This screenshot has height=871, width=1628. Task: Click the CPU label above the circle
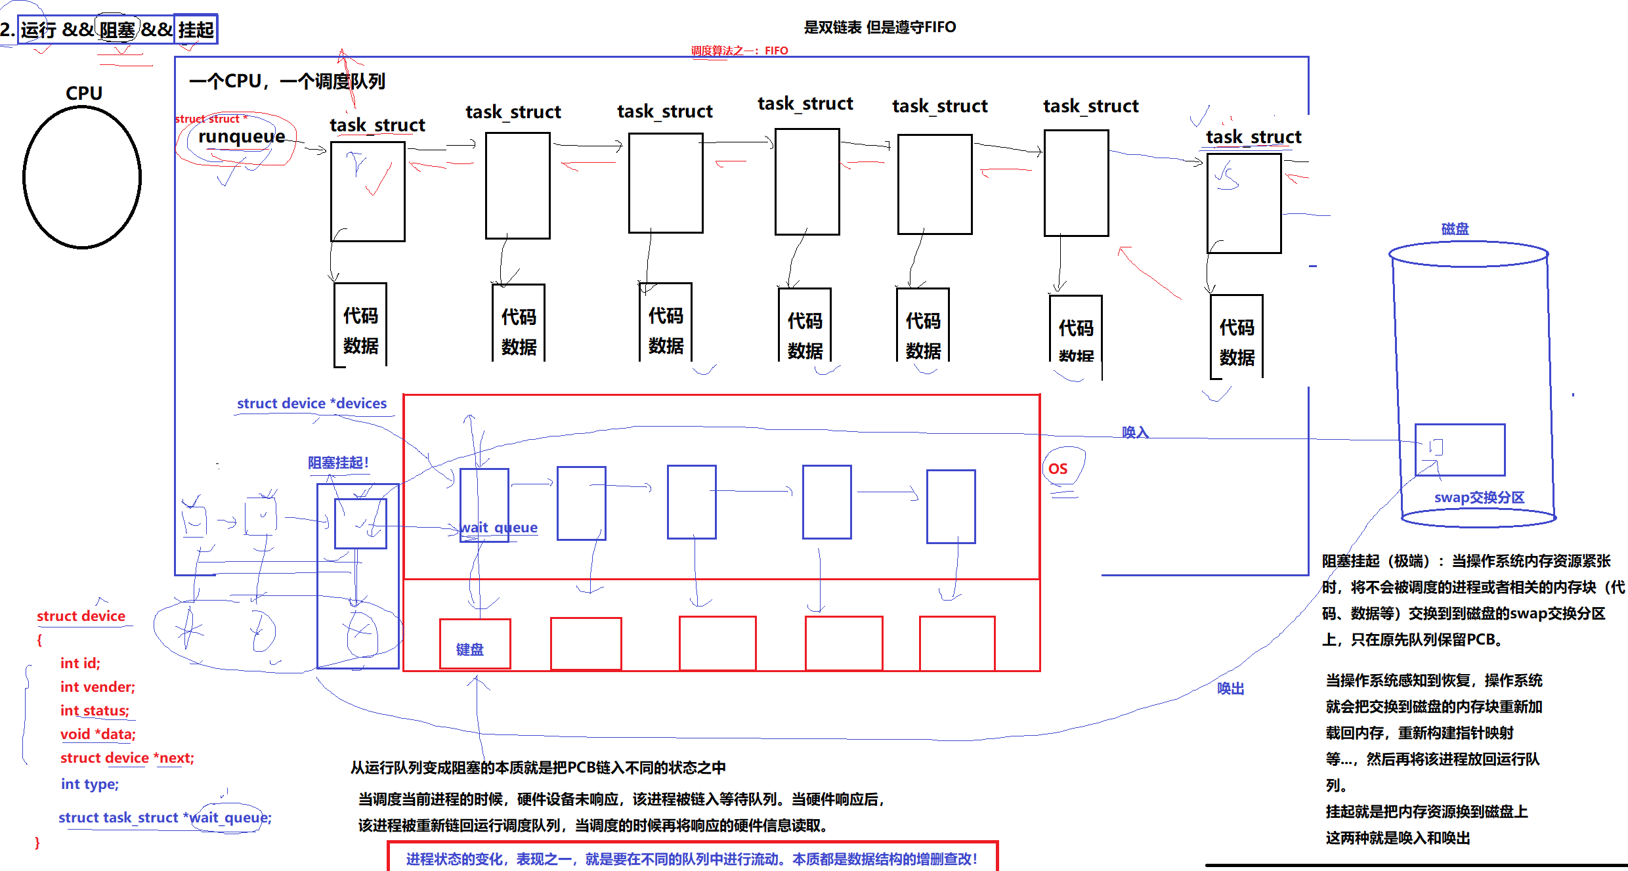[84, 93]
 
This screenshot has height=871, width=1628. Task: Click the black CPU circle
[82, 177]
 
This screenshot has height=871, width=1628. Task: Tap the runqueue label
[242, 137]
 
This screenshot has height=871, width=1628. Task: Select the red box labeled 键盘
[475, 644]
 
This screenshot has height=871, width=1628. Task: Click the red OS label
[1058, 469]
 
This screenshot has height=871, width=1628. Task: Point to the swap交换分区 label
[1479, 498]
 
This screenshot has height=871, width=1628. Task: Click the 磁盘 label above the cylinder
[1455, 229]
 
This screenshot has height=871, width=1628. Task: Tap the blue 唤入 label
[1135, 433]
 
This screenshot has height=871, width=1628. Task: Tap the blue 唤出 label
[1230, 689]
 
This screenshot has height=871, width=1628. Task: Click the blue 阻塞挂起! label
[338, 463]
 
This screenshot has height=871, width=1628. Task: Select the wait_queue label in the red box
[499, 528]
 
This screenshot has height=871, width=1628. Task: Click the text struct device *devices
[312, 404]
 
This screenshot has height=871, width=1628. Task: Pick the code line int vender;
[98, 687]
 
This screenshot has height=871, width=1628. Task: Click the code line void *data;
[98, 734]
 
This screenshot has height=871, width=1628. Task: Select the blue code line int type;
[90, 784]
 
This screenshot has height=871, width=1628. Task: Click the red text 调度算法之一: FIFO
[739, 51]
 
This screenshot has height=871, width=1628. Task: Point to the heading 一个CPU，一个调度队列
[287, 81]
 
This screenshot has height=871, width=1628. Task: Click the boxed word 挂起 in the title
[196, 30]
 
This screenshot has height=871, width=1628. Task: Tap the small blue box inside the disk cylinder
[1460, 450]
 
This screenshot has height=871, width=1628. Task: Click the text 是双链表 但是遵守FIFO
[880, 27]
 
